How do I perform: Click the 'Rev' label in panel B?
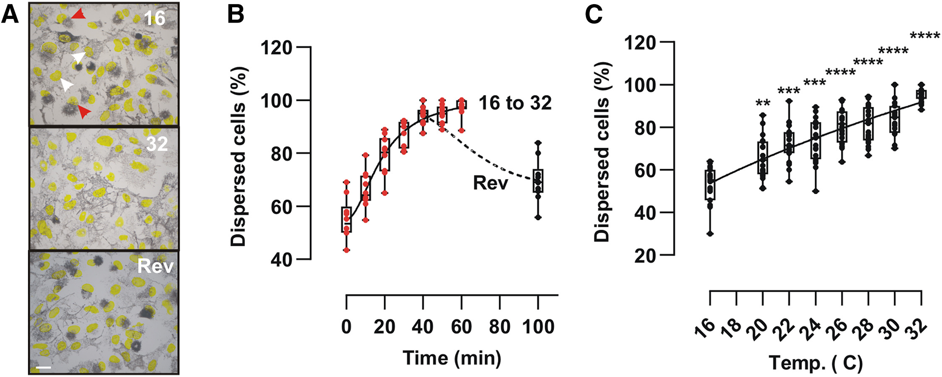pos(490,183)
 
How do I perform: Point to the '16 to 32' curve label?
pos(515,103)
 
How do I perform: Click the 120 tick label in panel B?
pos(276,48)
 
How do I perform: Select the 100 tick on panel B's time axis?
pos(538,327)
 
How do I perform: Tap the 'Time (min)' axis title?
pos(452,358)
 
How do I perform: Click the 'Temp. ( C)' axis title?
pos(815,363)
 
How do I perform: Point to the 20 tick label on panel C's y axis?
pos(645,255)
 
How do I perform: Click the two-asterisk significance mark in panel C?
pos(763,104)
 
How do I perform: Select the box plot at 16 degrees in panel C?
pos(710,185)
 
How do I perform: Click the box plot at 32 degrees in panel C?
pos(921,94)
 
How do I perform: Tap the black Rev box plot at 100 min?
pos(538,181)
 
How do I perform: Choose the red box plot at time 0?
pos(346,219)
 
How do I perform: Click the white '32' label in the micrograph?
pos(157,144)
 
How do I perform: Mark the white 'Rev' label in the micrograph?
pos(155,266)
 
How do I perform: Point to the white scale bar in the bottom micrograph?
pos(43,368)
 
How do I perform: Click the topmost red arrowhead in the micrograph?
pos(78,15)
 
